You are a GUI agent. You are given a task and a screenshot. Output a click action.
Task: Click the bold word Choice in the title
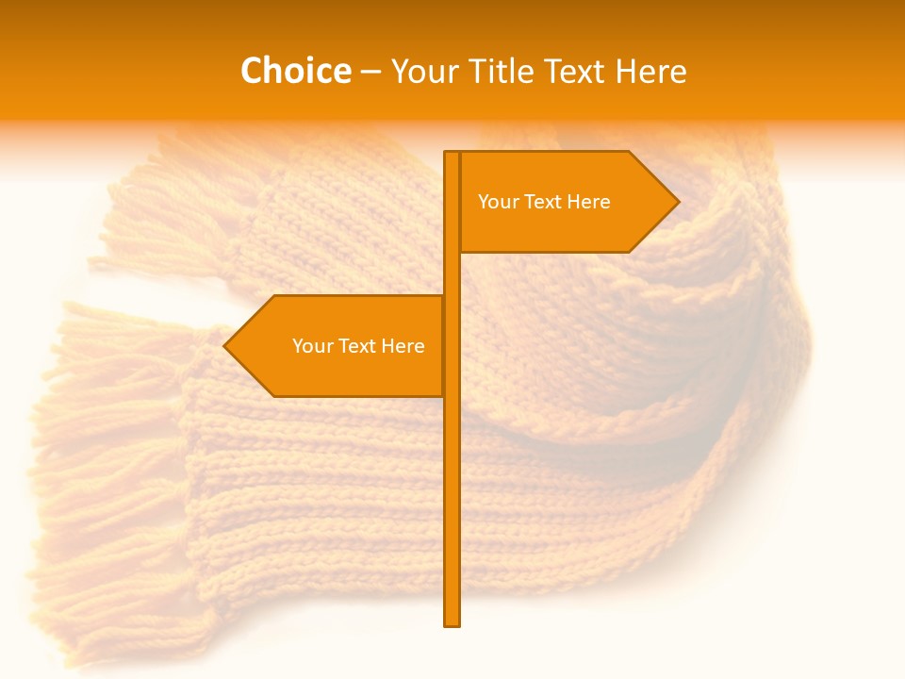[295, 72]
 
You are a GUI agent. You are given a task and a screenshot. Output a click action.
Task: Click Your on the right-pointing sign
[497, 202]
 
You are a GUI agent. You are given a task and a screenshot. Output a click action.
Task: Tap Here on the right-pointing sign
[589, 202]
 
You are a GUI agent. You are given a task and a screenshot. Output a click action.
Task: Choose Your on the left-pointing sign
[312, 346]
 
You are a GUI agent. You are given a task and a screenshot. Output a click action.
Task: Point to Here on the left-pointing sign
[403, 346]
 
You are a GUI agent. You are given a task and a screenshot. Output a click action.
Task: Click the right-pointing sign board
[556, 226]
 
